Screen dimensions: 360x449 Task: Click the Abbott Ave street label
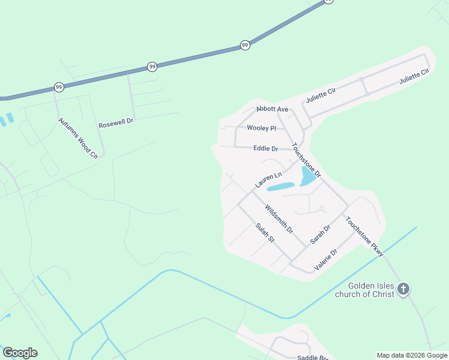(x=273, y=109)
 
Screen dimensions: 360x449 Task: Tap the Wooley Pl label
(x=261, y=128)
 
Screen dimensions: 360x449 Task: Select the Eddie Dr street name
(x=265, y=148)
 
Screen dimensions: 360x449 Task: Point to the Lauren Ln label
(x=268, y=180)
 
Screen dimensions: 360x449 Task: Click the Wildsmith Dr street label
(x=279, y=218)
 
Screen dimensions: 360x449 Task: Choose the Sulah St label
(x=264, y=233)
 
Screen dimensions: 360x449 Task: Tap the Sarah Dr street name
(x=321, y=234)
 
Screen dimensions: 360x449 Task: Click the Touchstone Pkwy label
(x=364, y=237)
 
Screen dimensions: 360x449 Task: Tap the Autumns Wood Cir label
(x=78, y=138)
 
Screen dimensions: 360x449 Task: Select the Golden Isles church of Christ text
(x=371, y=290)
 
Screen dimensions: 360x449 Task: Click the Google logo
(x=20, y=353)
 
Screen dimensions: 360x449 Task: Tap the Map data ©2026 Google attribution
(x=412, y=355)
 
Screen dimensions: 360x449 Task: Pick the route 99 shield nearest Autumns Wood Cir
(x=58, y=87)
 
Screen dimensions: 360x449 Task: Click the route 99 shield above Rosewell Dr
(x=152, y=67)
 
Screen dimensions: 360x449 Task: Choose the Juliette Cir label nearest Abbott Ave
(x=320, y=95)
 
